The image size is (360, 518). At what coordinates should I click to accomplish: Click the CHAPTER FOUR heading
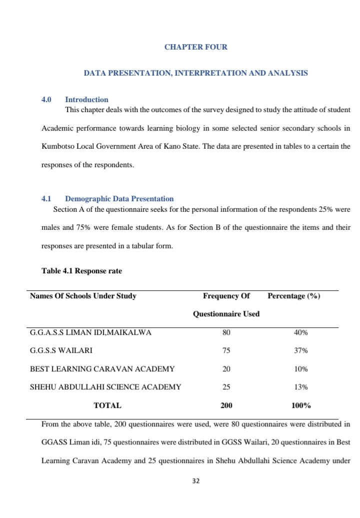pyautogui.click(x=195, y=47)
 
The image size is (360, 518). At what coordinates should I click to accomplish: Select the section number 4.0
pyautogui.click(x=46, y=100)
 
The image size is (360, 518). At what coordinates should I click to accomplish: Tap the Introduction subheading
pyautogui.click(x=86, y=100)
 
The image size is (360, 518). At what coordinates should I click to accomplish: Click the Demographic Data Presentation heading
pyautogui.click(x=119, y=199)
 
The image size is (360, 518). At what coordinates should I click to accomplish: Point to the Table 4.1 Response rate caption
pyautogui.click(x=81, y=271)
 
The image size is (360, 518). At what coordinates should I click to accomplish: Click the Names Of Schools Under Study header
pyautogui.click(x=83, y=296)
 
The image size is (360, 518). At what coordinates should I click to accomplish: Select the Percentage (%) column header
pyautogui.click(x=293, y=296)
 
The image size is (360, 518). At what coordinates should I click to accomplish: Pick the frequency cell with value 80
pyautogui.click(x=226, y=332)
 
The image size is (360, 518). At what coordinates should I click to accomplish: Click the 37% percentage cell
pyautogui.click(x=300, y=351)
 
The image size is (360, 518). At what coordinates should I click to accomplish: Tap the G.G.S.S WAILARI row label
pyautogui.click(x=61, y=351)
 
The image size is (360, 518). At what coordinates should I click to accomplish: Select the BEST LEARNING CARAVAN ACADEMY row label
pyautogui.click(x=102, y=369)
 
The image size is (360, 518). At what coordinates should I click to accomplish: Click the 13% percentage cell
pyautogui.click(x=300, y=387)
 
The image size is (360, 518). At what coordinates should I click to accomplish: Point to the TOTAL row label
pyautogui.click(x=107, y=405)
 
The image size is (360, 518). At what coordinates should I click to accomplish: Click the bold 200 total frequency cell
pyautogui.click(x=226, y=405)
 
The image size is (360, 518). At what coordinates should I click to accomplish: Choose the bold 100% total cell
pyautogui.click(x=300, y=405)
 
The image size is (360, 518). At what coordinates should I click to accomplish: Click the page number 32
pyautogui.click(x=195, y=481)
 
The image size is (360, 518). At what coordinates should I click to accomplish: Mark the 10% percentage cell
pyautogui.click(x=300, y=369)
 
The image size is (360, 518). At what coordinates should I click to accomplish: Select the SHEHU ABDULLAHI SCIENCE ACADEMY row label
pyautogui.click(x=105, y=387)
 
